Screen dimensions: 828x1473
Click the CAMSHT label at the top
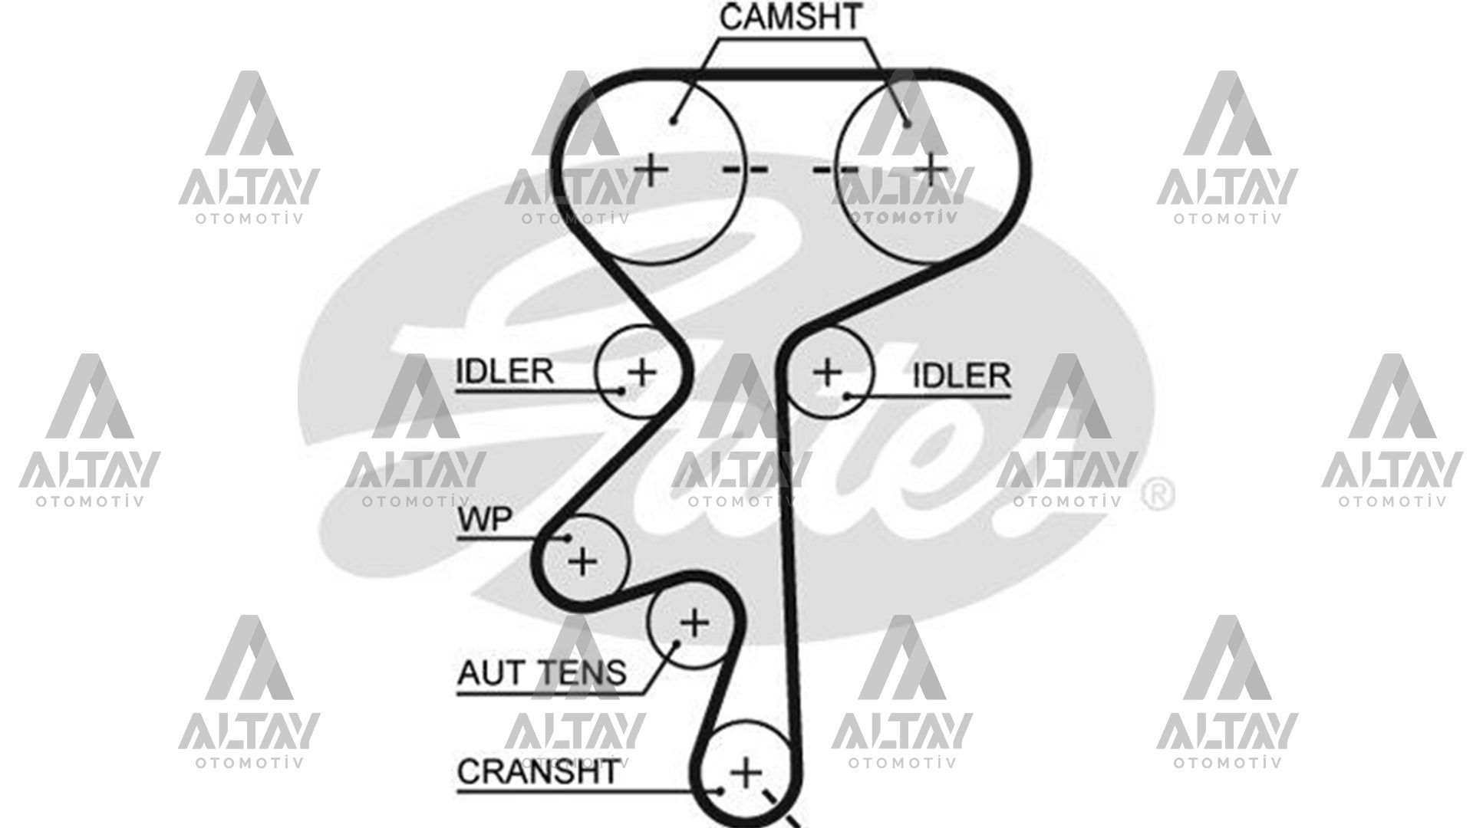pyautogui.click(x=791, y=17)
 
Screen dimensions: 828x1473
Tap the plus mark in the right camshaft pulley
pyautogui.click(x=931, y=169)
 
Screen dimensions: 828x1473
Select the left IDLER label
pyautogui.click(x=504, y=372)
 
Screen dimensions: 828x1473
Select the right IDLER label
pyautogui.click(x=961, y=376)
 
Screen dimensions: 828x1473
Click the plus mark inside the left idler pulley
pyautogui.click(x=642, y=372)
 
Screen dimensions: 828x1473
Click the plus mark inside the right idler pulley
pyautogui.click(x=827, y=373)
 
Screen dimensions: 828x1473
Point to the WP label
pyautogui.click(x=484, y=519)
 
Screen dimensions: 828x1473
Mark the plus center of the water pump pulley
pyautogui.click(x=583, y=562)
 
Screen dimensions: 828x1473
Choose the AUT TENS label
pyautogui.click(x=542, y=673)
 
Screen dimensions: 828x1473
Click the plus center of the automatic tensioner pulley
pyautogui.click(x=694, y=623)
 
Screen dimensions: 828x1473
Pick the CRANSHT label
pyautogui.click(x=537, y=771)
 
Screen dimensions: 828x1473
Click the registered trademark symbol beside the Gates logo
pyautogui.click(x=1158, y=495)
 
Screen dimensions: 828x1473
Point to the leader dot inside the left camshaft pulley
pyautogui.click(x=673, y=120)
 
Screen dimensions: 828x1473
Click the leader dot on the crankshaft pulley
pyautogui.click(x=721, y=790)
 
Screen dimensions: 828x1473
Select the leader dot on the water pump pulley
pyautogui.click(x=568, y=537)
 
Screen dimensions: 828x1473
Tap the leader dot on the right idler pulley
pyautogui.click(x=847, y=396)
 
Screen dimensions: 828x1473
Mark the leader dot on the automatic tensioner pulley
pyautogui.click(x=677, y=642)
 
